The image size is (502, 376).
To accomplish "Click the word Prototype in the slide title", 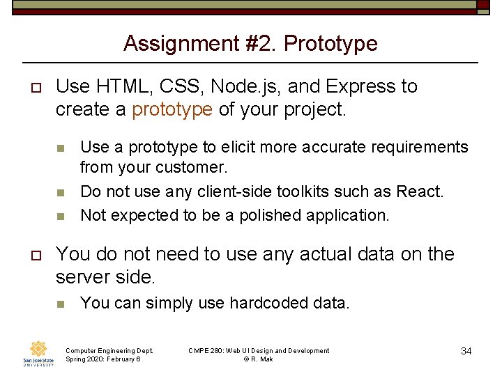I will (x=330, y=44).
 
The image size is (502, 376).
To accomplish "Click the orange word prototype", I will (x=172, y=109).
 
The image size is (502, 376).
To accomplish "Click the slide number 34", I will (x=466, y=351).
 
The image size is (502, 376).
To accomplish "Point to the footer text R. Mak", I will (x=262, y=359).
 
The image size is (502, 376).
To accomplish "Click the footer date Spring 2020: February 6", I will (x=102, y=359).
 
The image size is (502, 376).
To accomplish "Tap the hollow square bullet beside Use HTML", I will (x=32, y=87).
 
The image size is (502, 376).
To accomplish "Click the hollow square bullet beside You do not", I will (x=32, y=255).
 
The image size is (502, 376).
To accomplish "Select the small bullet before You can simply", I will (x=61, y=304).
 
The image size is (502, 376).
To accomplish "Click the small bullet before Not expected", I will (x=61, y=216).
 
